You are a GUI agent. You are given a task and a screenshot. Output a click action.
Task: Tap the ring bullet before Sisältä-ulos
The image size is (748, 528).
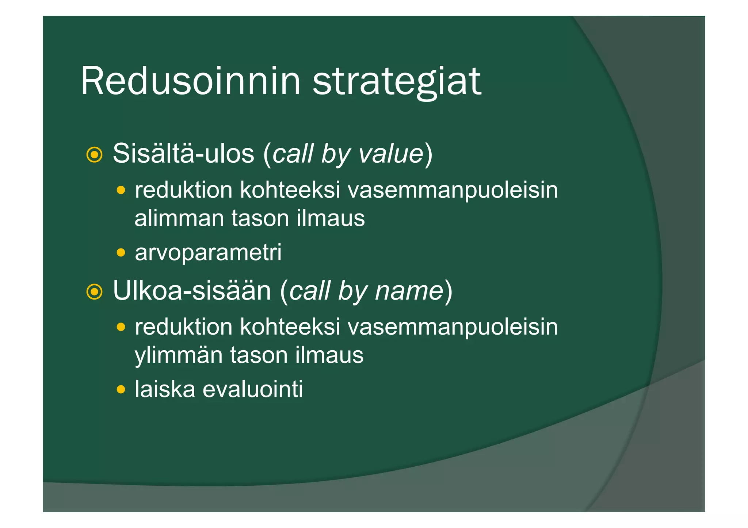(94, 155)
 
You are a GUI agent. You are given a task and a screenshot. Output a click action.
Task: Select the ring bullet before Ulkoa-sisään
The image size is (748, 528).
(94, 292)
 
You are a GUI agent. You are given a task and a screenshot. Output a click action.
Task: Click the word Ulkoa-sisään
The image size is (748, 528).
(192, 290)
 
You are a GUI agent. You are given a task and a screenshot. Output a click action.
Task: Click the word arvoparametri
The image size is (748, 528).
(208, 253)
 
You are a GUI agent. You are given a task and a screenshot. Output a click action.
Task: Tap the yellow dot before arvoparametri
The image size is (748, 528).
(121, 253)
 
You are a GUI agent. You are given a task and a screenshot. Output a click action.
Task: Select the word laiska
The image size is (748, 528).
(165, 389)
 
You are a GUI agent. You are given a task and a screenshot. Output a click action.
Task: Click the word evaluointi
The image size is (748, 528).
(253, 389)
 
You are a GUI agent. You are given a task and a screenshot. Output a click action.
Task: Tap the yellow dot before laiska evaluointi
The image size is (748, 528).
(121, 389)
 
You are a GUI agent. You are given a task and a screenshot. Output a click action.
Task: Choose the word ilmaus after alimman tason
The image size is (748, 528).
(331, 218)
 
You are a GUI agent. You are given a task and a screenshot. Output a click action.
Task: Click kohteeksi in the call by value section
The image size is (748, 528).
(290, 190)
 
